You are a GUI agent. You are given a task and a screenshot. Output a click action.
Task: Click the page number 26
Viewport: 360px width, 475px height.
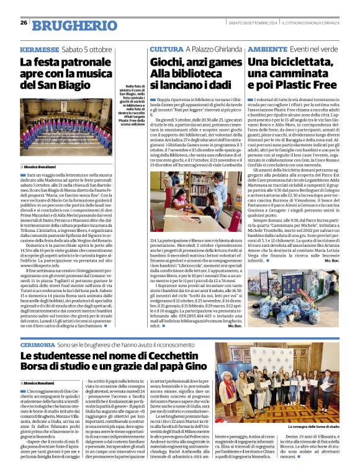coord(24,22)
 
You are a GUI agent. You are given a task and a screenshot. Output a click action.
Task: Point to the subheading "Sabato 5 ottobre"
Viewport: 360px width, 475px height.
coord(87,49)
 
